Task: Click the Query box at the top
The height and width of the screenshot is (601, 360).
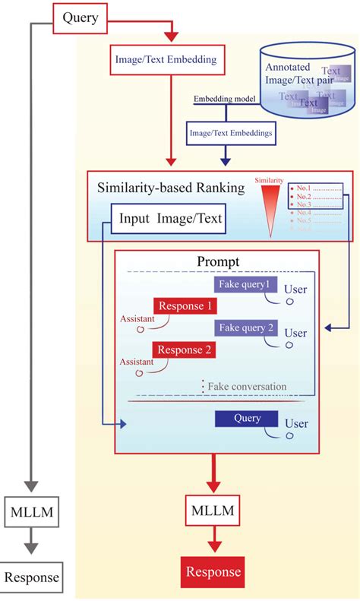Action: point(80,17)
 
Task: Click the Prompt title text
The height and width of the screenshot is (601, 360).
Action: point(218,261)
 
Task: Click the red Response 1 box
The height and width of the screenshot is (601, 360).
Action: point(185,306)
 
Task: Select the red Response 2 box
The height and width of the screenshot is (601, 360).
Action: point(185,350)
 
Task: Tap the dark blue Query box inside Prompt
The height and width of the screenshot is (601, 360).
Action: point(242,419)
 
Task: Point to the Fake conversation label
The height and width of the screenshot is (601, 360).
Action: point(247,387)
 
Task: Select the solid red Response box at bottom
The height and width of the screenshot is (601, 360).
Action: point(213,572)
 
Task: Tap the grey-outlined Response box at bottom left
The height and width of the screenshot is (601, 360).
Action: point(31,577)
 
